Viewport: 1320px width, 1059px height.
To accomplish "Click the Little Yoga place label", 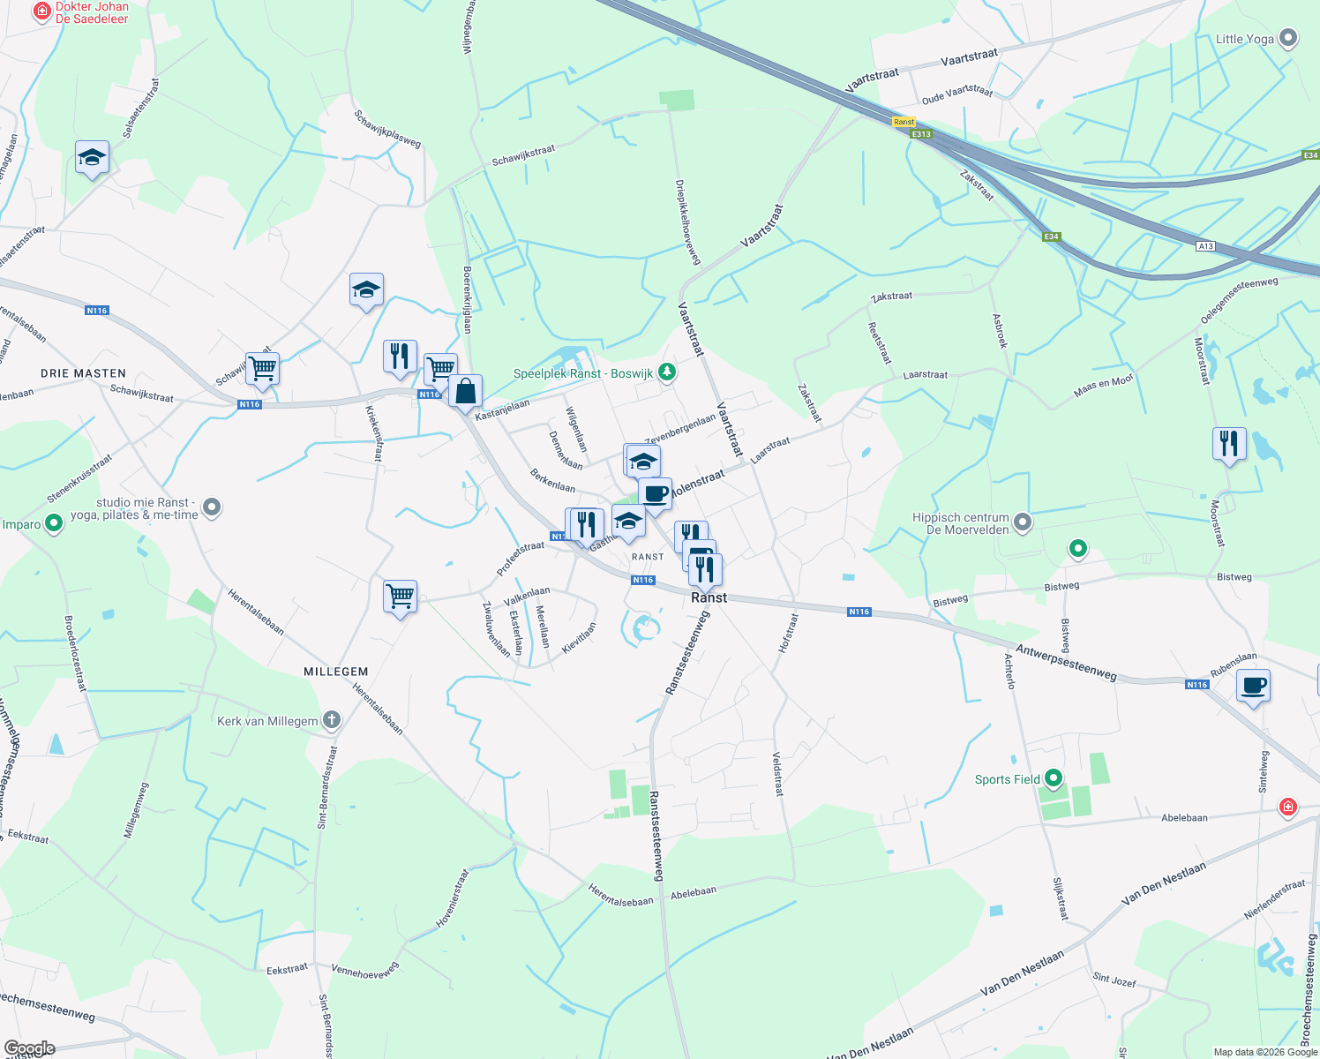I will click(x=1244, y=39).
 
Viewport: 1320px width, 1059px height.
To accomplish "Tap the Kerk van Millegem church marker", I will click(x=331, y=720).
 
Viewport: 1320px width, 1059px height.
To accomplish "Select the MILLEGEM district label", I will click(x=336, y=672).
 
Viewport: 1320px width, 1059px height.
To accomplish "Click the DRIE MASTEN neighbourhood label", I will click(x=83, y=373).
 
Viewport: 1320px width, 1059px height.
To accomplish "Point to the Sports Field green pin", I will click(x=1054, y=778).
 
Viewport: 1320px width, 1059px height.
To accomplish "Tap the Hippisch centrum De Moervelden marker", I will click(x=1023, y=522).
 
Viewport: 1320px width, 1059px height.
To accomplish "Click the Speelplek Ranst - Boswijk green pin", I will click(x=667, y=372).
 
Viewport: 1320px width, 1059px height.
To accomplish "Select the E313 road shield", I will click(x=921, y=134).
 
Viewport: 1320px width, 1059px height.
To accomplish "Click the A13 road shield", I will click(x=1205, y=246).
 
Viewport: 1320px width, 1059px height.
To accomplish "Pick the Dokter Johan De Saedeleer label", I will click(x=92, y=12).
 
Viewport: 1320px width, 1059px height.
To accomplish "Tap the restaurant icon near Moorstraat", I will click(x=1229, y=443).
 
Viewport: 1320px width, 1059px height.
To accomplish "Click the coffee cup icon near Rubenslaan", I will click(x=1253, y=686).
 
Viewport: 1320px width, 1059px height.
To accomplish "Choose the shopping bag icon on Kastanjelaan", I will click(x=465, y=390).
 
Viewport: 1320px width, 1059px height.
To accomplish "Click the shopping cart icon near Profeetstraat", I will click(x=401, y=596).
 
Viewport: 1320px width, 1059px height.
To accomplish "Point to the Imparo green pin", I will click(x=54, y=523).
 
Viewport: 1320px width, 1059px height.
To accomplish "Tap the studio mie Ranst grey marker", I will click(x=212, y=507).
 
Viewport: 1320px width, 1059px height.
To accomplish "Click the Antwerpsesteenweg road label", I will click(x=1066, y=662).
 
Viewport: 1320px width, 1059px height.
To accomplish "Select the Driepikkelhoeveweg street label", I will click(x=687, y=222).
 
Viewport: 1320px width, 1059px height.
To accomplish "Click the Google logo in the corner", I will click(x=30, y=1048).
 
